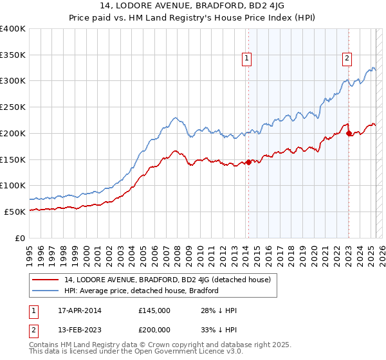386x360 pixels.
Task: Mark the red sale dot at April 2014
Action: pyautogui.click(x=248, y=162)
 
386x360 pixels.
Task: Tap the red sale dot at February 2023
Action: pyautogui.click(x=349, y=134)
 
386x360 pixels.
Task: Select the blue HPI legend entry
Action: pyautogui.click(x=142, y=291)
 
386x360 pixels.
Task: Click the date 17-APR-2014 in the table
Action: pyautogui.click(x=75, y=310)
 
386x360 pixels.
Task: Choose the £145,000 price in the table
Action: pyautogui.click(x=154, y=310)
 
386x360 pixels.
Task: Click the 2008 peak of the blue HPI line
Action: pyautogui.click(x=174, y=118)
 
